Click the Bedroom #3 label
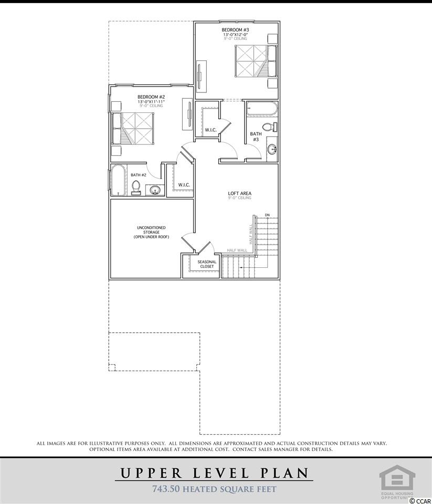pos(235,30)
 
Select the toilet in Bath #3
pos(270,127)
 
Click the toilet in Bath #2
pos(136,187)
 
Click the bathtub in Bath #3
pos(261,109)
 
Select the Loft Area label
pos(239,194)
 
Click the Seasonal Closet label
pos(207,264)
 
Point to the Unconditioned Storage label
pos(151,232)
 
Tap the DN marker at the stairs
pos(267,215)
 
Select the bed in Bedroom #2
pos(132,128)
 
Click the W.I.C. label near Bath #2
pos(184,185)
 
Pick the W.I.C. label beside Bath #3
pos(210,130)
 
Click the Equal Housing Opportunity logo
pos(397,481)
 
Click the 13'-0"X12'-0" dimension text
pos(235,35)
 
